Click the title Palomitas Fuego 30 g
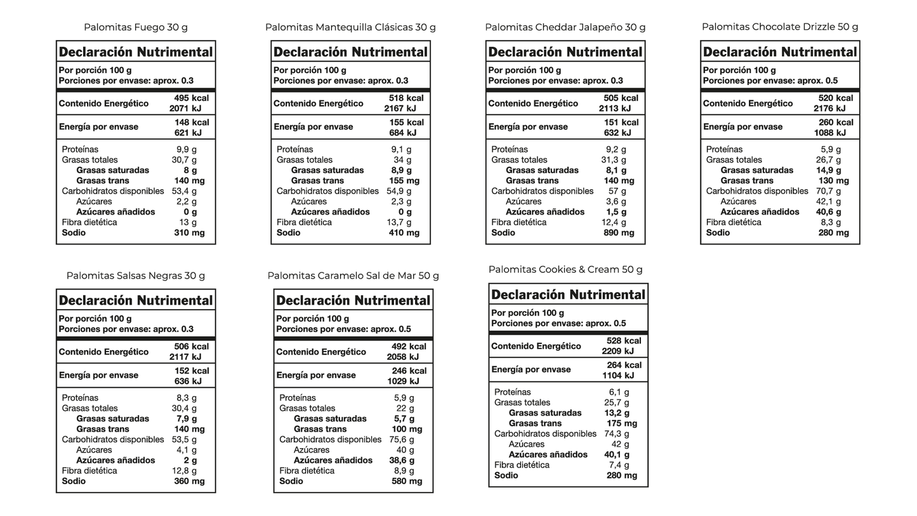[x=135, y=27]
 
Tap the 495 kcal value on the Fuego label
[x=191, y=98]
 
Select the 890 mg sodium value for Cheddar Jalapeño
[x=619, y=233]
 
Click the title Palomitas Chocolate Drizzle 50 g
[x=779, y=27]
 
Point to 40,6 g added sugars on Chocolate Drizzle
[x=828, y=212]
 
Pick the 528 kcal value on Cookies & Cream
[x=623, y=341]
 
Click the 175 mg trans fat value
[x=621, y=423]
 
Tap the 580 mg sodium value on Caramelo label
[x=406, y=481]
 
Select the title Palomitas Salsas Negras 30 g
[x=135, y=275]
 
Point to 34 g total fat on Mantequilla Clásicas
[x=402, y=160]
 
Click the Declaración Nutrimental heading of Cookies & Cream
[x=568, y=294]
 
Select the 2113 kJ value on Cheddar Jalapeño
[x=618, y=109]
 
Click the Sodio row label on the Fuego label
[x=74, y=233]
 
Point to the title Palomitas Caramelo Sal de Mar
[x=353, y=275]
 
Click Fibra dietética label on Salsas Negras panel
[x=89, y=471]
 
